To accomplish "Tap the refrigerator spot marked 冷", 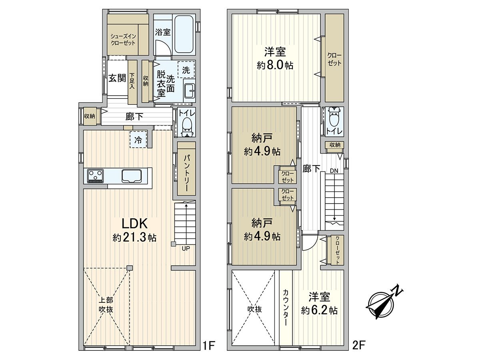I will pos(138,140).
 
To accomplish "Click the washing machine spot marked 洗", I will pos(186,69).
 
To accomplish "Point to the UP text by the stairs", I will pos(186,248).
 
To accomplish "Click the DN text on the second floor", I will pos(334,171).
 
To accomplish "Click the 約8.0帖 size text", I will pos(275,65).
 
